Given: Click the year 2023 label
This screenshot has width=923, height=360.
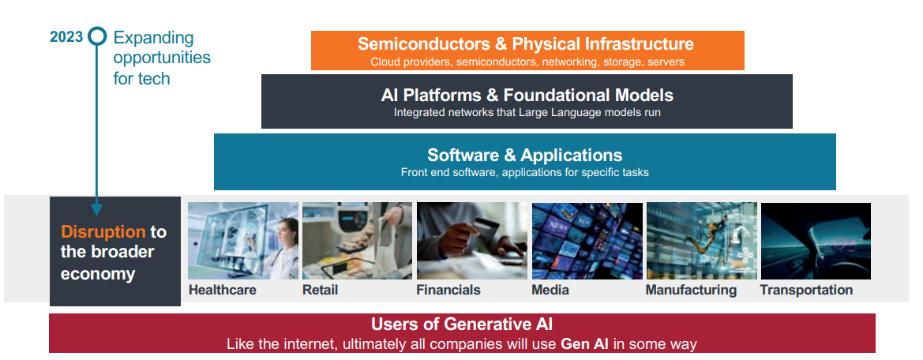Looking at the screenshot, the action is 66,37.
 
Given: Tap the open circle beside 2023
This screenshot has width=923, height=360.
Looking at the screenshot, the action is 97,37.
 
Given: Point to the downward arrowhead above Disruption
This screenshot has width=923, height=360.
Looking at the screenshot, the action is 97,209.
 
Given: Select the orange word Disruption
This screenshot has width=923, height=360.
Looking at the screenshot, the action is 103,232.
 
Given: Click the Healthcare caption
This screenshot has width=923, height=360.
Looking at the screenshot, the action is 223,290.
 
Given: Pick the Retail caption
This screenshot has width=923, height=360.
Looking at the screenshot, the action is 321,290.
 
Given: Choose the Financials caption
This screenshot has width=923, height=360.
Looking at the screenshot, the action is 448,290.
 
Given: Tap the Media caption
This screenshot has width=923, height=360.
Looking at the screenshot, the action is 550,290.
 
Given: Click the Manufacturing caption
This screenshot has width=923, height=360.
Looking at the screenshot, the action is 691,290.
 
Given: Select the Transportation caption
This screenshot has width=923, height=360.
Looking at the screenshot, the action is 806,290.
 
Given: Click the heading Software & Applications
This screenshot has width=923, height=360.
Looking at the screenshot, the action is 524,155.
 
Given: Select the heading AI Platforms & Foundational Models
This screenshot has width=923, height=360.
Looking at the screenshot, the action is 527,95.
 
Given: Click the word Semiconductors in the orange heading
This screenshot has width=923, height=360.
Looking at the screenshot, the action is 424,44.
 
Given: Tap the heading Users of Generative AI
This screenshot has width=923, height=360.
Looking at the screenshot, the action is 461,324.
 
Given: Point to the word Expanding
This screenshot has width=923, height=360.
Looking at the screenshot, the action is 154,39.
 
